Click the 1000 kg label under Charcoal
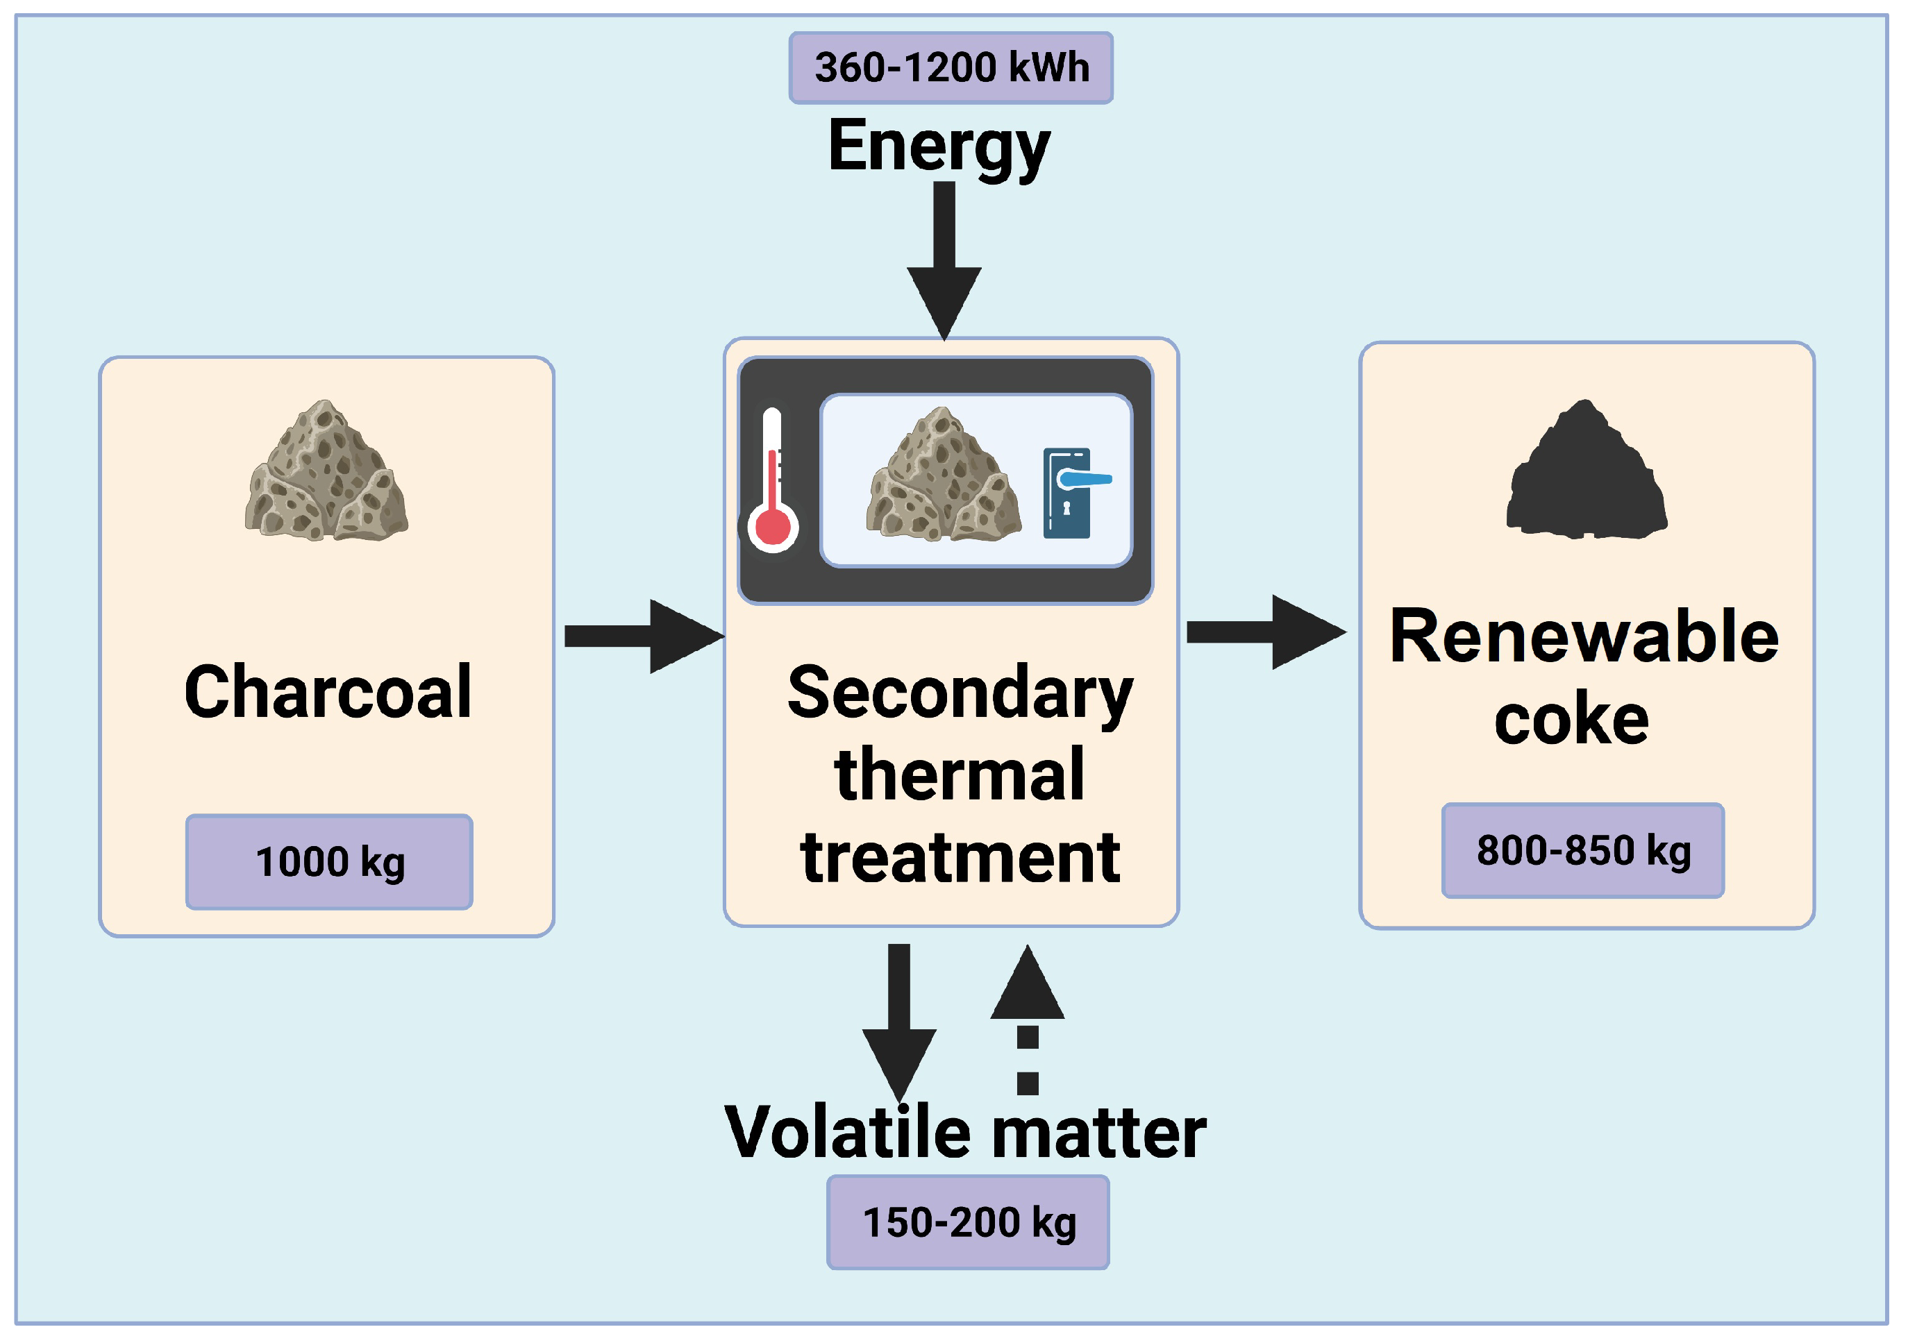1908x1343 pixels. pyautogui.click(x=329, y=862)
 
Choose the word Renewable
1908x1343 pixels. pyautogui.click(x=1584, y=636)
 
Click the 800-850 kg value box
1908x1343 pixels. pyautogui.click(x=1582, y=850)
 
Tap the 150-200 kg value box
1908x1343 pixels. pyautogui.click(x=967, y=1222)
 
